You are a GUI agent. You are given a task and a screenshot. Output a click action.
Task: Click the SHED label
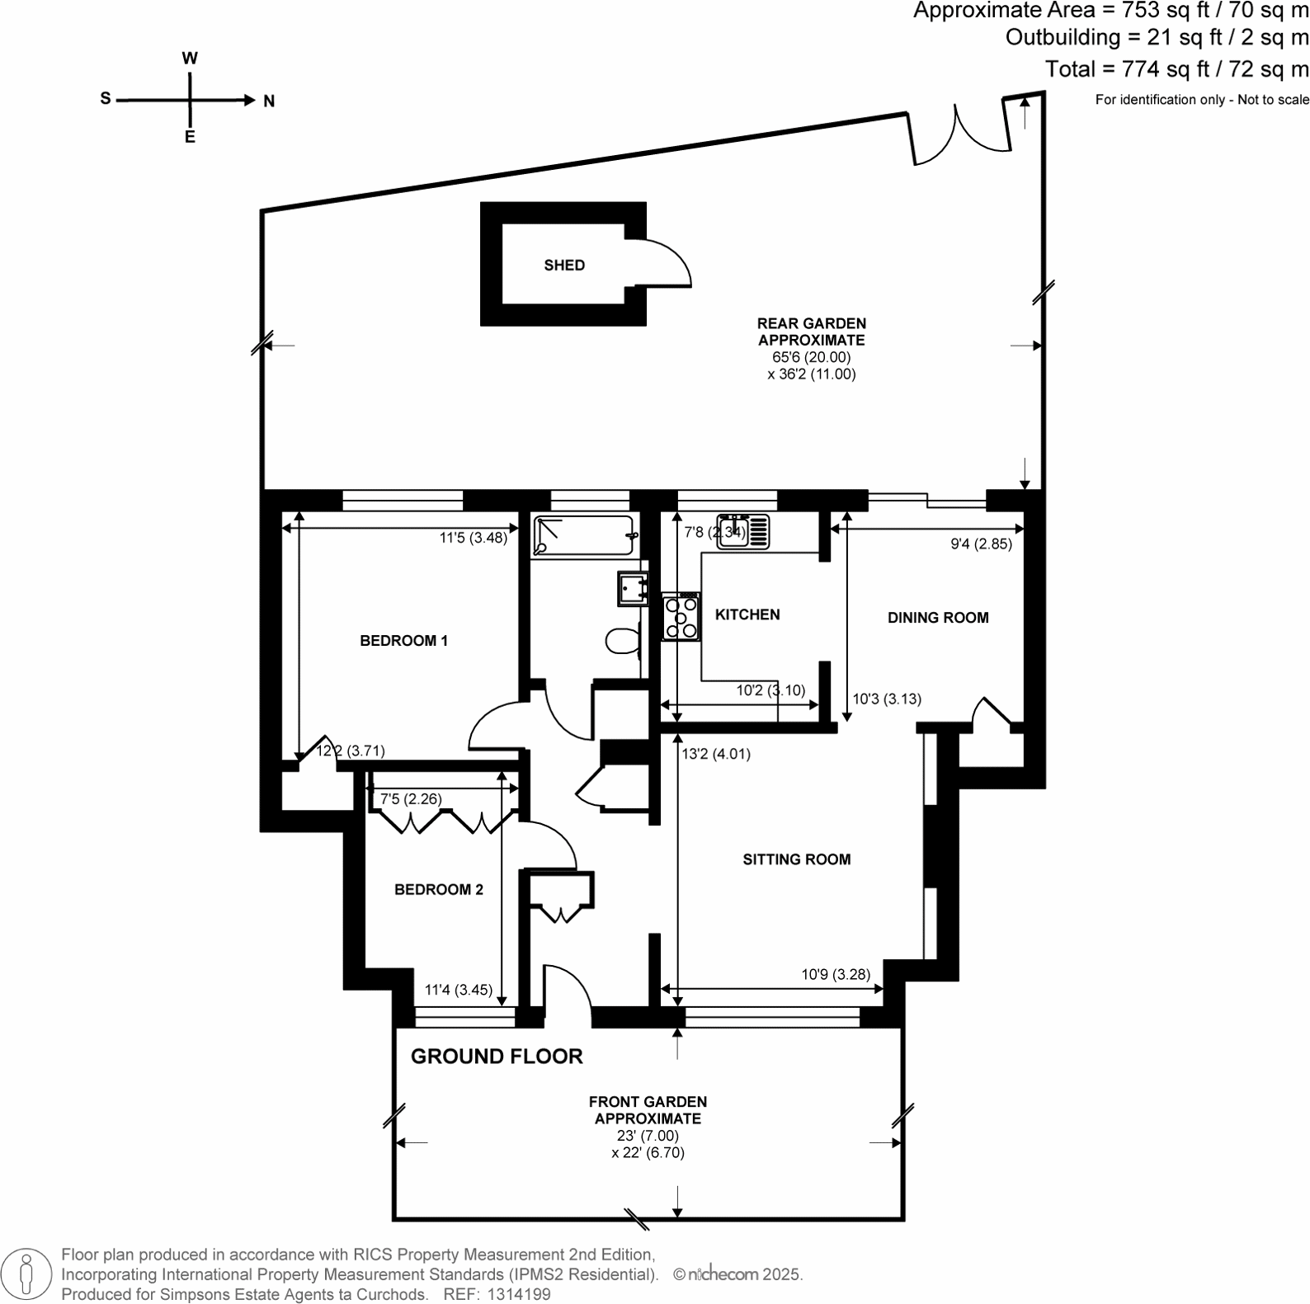point(564,265)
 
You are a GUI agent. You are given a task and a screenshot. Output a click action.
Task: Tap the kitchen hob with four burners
point(681,617)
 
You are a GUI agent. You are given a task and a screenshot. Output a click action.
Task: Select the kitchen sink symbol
point(742,532)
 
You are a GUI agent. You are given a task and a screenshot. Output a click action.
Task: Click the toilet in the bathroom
point(623,641)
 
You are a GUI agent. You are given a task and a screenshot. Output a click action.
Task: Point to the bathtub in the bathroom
point(584,535)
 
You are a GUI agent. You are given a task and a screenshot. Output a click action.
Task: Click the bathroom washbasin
point(634,587)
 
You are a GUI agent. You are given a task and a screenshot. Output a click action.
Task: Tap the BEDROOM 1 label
point(403,640)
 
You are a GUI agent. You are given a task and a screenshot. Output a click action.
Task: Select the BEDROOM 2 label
point(438,889)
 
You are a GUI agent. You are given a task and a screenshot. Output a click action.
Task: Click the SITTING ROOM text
point(796,859)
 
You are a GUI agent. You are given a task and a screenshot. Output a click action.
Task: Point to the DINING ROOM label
point(937,617)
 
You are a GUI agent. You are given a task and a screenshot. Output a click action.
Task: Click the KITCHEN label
point(747,614)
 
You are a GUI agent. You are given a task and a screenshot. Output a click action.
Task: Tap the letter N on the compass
point(269,101)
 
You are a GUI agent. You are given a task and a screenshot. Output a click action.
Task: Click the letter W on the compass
point(190,59)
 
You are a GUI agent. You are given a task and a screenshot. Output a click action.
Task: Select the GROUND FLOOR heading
point(497,1056)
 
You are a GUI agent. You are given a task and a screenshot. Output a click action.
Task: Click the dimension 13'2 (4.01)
point(715,753)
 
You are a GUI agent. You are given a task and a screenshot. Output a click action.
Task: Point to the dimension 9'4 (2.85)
point(981,544)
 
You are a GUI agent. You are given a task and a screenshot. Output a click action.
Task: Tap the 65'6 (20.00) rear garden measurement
point(811,357)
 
